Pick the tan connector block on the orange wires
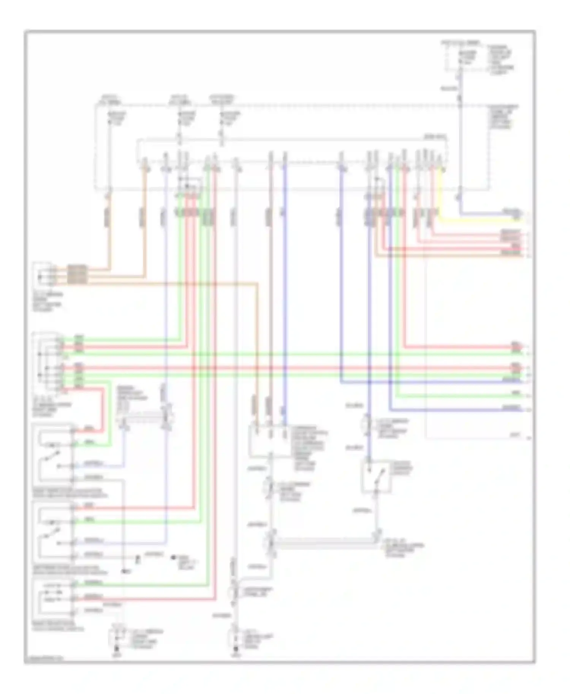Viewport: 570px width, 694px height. [x=77, y=274]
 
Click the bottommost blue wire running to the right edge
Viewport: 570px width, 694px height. [x=456, y=410]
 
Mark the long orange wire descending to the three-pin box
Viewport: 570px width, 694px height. [x=258, y=342]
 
